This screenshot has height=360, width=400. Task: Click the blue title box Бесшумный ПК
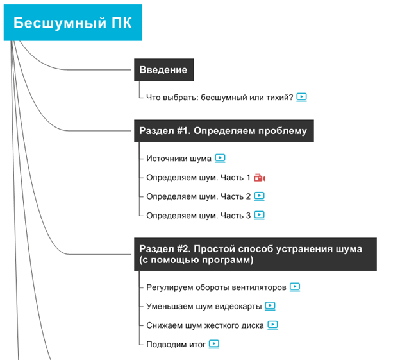tap(72, 24)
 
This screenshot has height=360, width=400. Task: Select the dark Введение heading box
tap(163, 70)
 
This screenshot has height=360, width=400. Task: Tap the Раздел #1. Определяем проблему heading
tap(223, 131)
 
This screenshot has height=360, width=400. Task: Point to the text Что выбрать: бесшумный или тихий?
tap(219, 98)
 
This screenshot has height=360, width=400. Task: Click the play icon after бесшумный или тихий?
tap(302, 98)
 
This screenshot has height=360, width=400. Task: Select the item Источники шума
tap(179, 158)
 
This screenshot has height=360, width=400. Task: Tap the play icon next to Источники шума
tap(220, 158)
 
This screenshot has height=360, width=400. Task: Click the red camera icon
tap(259, 178)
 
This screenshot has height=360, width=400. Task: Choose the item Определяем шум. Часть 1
tap(198, 178)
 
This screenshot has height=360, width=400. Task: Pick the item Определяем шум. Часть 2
tap(198, 196)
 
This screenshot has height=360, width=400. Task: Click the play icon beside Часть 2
tap(259, 196)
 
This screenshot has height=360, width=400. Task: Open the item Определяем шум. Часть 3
tap(198, 216)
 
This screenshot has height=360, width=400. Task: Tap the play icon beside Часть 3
tap(259, 216)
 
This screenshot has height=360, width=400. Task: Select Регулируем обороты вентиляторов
tap(216, 287)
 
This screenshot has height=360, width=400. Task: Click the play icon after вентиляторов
tap(295, 287)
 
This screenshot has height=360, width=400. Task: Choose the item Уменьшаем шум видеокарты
tap(203, 306)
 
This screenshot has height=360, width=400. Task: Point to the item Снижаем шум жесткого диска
tap(204, 325)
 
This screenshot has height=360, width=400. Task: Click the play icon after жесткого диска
tap(273, 325)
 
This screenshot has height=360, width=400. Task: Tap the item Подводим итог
tap(176, 345)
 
